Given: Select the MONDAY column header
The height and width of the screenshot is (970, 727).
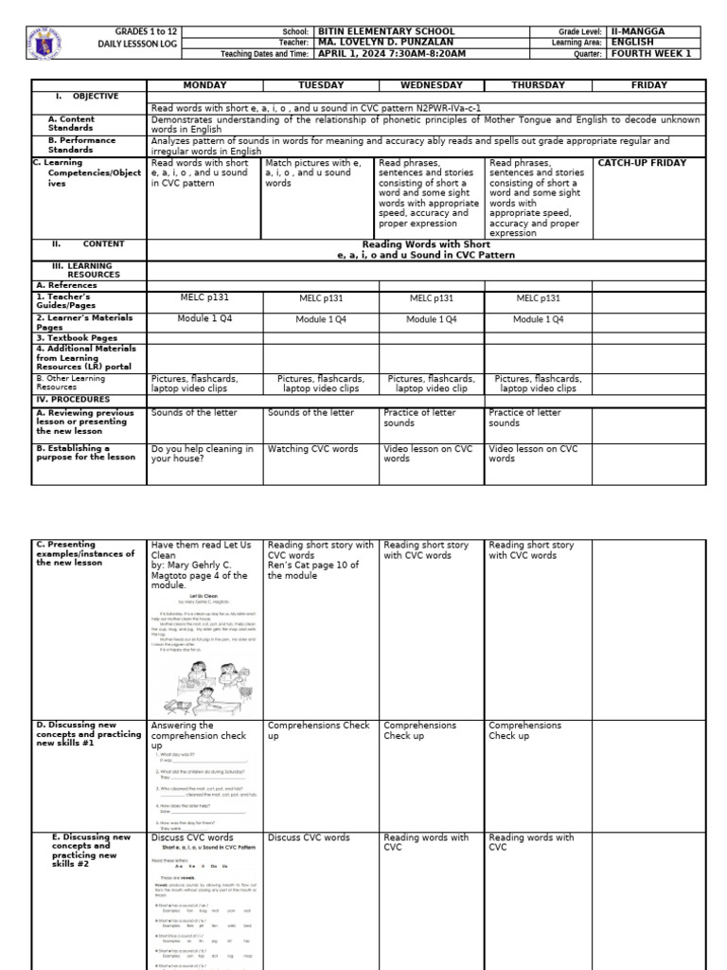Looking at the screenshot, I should click(204, 85).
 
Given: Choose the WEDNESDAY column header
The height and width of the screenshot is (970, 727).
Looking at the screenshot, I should click(432, 85).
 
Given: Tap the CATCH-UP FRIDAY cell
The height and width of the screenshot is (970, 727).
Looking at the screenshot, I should click(642, 163).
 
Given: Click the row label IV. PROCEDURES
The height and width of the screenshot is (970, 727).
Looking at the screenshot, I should click(73, 400).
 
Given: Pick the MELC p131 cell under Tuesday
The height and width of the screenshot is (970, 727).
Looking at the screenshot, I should click(320, 298).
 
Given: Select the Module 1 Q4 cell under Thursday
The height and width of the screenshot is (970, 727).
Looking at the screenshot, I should click(538, 319).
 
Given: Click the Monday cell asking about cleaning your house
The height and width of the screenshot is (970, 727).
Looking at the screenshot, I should click(203, 454).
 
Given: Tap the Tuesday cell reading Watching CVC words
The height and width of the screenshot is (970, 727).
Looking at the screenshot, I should click(313, 449).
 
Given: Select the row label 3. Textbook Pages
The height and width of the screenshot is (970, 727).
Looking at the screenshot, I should click(78, 337).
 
